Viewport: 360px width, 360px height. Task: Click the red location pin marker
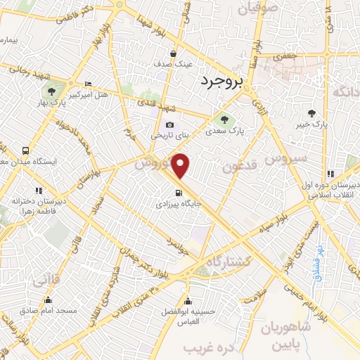[x=181, y=166]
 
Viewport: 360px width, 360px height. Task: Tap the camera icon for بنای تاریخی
[x=169, y=124]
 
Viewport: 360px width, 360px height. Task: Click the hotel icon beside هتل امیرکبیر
[x=87, y=83]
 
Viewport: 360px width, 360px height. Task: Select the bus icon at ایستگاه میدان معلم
[x=26, y=150]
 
